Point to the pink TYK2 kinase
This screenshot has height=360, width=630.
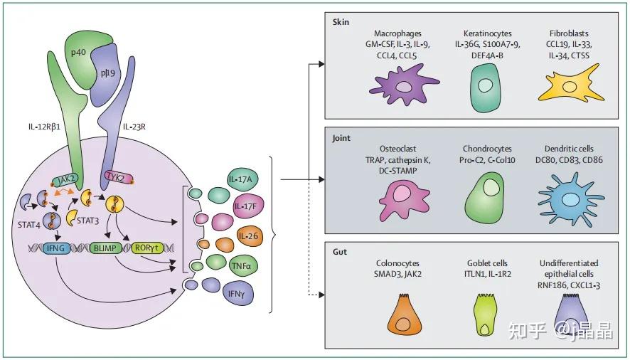point(119,177)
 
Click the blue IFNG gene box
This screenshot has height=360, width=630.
point(55,248)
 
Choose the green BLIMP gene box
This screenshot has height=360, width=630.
point(105,248)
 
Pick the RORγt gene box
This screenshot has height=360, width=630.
point(147,248)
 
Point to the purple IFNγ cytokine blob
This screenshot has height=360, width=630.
point(237,295)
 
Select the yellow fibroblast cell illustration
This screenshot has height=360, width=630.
point(570,86)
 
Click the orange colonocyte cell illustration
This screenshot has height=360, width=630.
point(405,315)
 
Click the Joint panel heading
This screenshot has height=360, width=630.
point(341,138)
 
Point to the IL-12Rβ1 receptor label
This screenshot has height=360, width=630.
point(44,127)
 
